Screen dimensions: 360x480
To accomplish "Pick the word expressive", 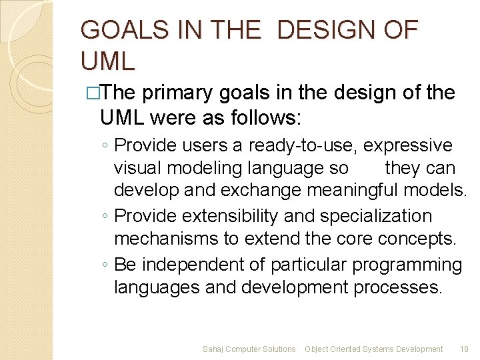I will (407, 145).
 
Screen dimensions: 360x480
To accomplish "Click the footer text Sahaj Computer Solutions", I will (249, 349).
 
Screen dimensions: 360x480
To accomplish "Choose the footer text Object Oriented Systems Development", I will (373, 349).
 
